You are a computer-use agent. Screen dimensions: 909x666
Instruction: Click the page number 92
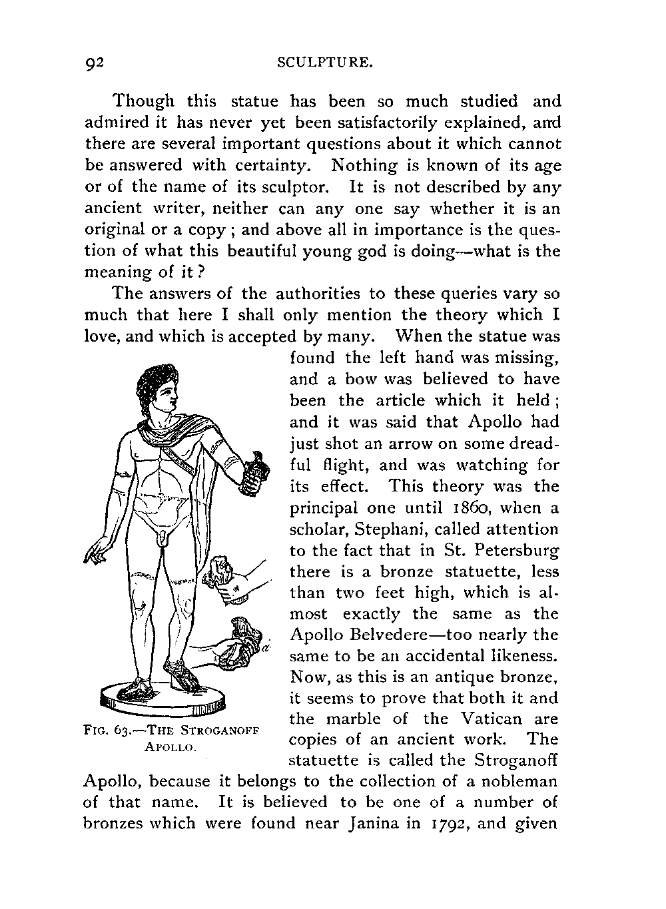(95, 64)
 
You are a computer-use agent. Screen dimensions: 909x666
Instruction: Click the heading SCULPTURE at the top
(324, 64)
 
